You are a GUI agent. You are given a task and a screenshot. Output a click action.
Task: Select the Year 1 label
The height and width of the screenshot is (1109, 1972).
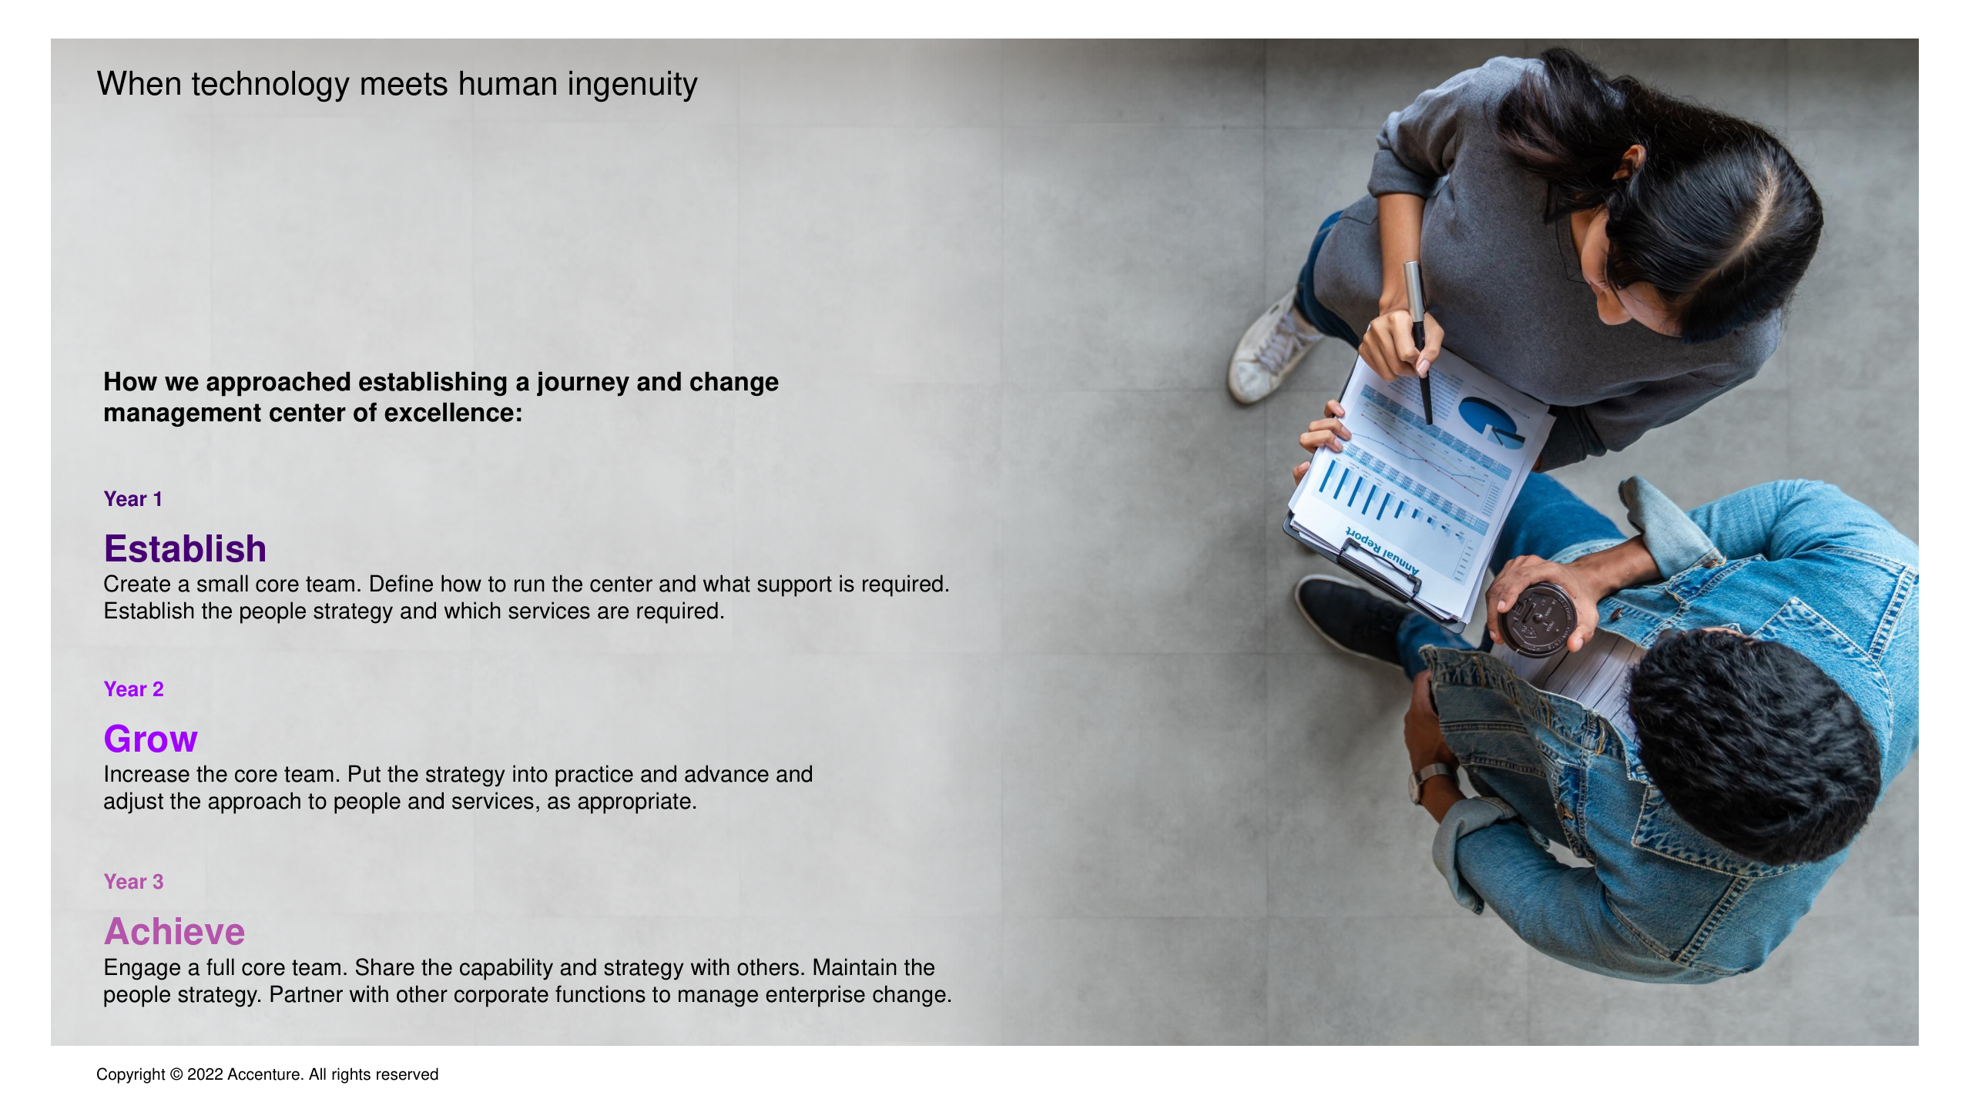pos(133,499)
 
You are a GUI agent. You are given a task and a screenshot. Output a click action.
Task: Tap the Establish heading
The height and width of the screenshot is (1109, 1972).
pos(185,548)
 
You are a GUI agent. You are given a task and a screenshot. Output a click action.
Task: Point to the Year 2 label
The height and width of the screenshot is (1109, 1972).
pos(134,689)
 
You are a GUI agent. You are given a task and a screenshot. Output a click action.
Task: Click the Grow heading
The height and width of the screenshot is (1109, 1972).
pos(151,739)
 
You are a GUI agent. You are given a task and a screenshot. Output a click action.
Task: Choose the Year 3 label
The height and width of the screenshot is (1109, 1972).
pos(134,882)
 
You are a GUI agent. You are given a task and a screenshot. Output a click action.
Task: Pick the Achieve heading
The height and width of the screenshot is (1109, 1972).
pos(175,932)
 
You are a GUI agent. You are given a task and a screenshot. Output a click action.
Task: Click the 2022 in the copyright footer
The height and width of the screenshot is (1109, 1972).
pos(205,1074)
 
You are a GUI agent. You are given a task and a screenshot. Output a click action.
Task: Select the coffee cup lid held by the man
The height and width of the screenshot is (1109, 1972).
pos(1536,620)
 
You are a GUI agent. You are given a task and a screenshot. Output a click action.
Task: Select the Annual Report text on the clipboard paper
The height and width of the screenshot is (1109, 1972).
pos(1382,551)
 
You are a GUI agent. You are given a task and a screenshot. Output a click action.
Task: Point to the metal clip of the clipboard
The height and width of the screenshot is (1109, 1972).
pos(1378,566)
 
